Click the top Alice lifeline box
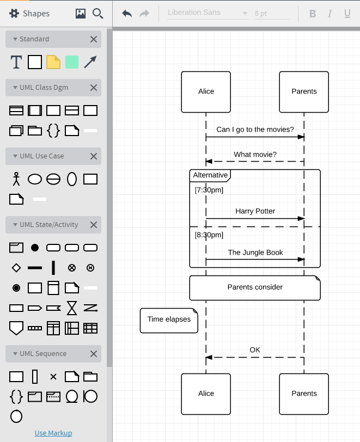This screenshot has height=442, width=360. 206,91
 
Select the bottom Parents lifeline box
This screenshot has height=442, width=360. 304,394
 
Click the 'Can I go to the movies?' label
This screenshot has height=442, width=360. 255,130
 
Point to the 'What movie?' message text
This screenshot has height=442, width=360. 255,155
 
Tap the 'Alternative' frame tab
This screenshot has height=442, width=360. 210,175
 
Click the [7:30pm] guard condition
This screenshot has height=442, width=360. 209,190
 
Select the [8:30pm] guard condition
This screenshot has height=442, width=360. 209,235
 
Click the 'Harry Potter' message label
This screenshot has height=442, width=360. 255,211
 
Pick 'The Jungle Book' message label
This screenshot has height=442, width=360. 255,253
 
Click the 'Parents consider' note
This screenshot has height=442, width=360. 255,287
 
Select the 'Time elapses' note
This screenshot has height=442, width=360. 169,320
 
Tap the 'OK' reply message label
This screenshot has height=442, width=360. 255,350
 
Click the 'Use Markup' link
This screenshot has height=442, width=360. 53,433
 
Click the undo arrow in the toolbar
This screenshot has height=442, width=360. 127,13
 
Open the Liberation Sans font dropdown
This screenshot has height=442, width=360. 208,13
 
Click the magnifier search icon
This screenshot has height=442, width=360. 98,14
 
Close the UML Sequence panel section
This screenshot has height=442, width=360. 94,354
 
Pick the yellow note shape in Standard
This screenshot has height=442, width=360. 53,62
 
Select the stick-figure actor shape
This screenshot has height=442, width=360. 16,179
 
